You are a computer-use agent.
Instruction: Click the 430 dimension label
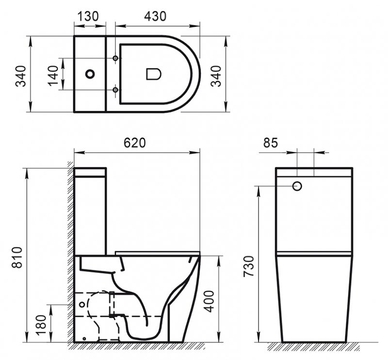155,16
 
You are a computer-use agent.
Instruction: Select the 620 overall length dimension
135,143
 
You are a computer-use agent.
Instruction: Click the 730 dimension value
249,266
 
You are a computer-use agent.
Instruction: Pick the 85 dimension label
271,143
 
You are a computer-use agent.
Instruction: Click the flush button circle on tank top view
90,74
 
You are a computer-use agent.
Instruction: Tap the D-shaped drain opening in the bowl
153,74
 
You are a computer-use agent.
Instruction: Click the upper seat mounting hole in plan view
115,59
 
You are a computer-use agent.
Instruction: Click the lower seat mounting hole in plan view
115,90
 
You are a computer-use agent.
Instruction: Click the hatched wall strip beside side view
70,252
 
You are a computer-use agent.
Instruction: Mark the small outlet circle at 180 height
81,305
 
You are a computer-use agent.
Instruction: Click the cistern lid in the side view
90,172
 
